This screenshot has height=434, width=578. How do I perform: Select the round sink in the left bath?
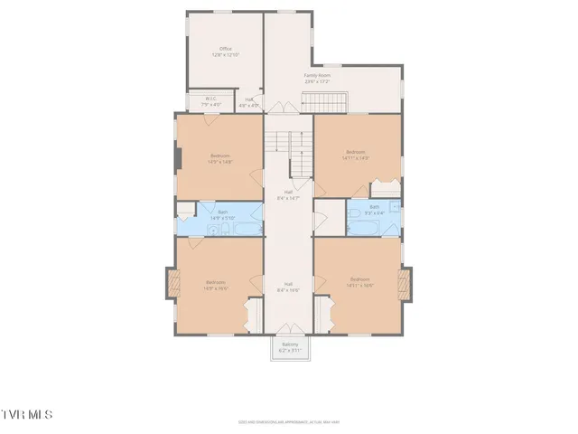[211, 231]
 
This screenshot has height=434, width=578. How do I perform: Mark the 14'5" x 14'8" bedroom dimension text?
[221, 163]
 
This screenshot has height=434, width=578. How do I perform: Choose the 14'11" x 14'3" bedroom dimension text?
[356, 157]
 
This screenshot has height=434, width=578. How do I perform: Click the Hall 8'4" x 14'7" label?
[288, 195]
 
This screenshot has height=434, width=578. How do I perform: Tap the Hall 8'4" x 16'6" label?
[288, 288]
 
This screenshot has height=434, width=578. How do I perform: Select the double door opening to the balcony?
[289, 328]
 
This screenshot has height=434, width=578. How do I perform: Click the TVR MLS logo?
[27, 414]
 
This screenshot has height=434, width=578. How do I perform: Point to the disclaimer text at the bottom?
[289, 420]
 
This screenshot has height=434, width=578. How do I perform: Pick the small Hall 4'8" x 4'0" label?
[249, 103]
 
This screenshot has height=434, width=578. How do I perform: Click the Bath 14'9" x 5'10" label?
[221, 215]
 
